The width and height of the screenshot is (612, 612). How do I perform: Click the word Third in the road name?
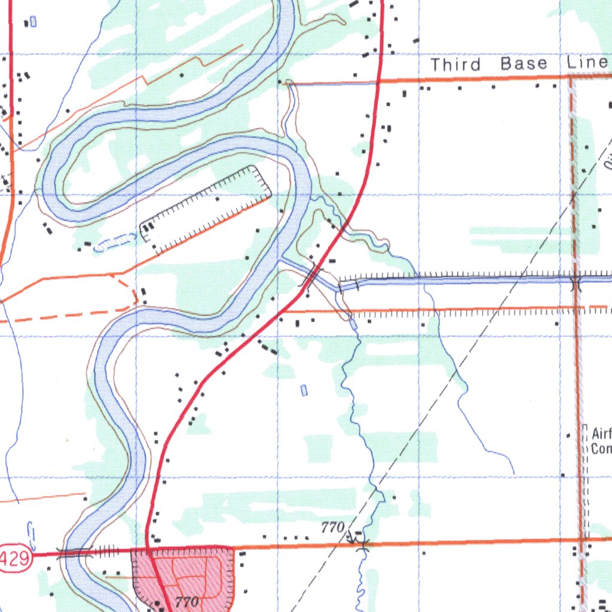pyautogui.click(x=455, y=65)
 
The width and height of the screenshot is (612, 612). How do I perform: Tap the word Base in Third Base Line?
pyautogui.click(x=524, y=64)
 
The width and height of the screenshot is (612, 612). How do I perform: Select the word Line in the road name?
pyautogui.click(x=588, y=63)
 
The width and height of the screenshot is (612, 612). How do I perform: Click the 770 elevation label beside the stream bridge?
pyautogui.click(x=332, y=527)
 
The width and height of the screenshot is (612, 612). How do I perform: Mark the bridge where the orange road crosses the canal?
pyautogui.click(x=576, y=280)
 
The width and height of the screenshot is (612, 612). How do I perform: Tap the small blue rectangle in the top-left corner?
pyautogui.click(x=33, y=22)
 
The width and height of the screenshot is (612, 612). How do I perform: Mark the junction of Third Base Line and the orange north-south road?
pyautogui.click(x=571, y=76)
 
